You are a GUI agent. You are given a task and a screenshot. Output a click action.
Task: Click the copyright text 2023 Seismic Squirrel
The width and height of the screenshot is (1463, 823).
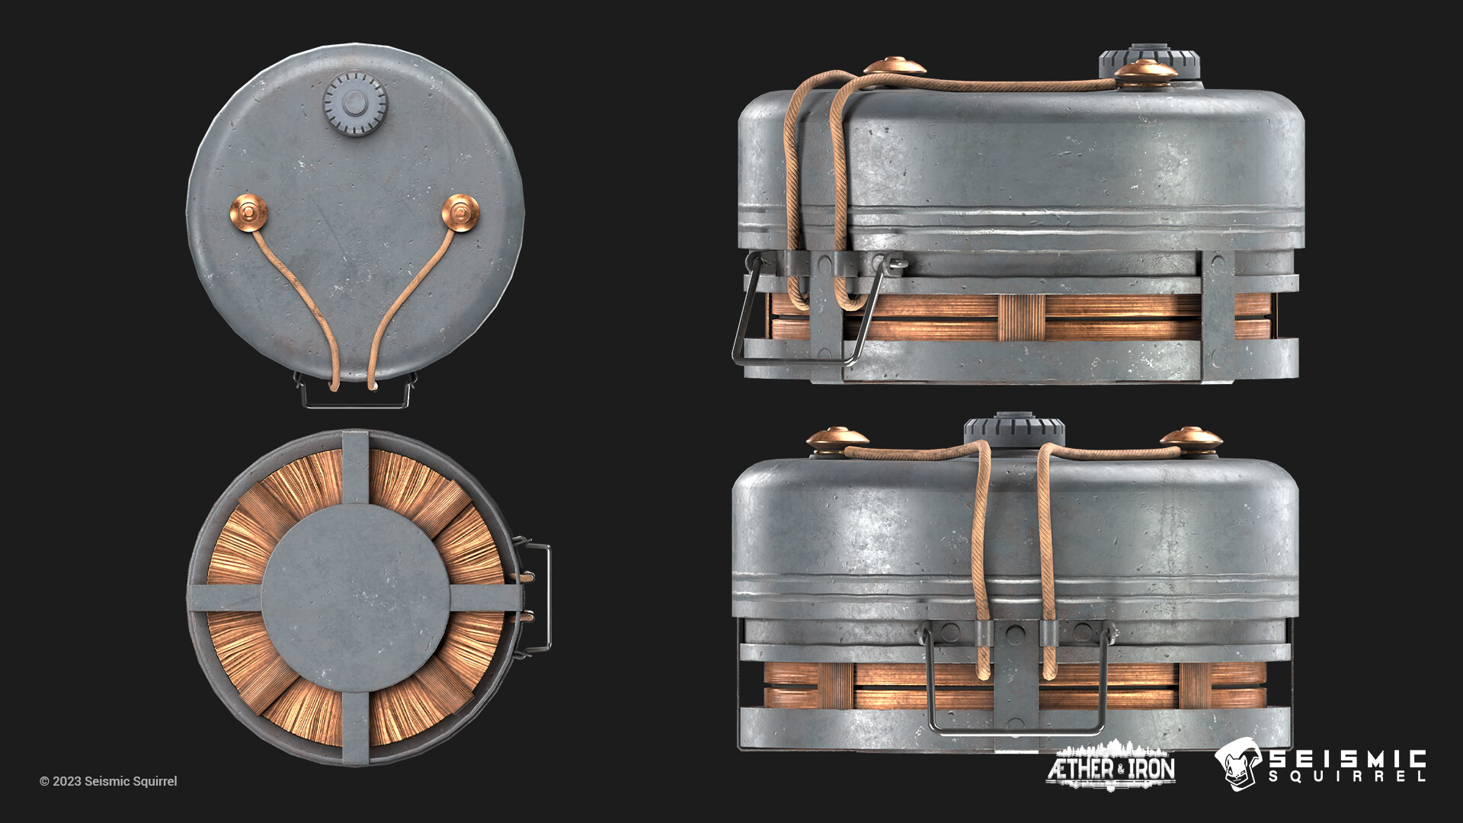click(108, 781)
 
